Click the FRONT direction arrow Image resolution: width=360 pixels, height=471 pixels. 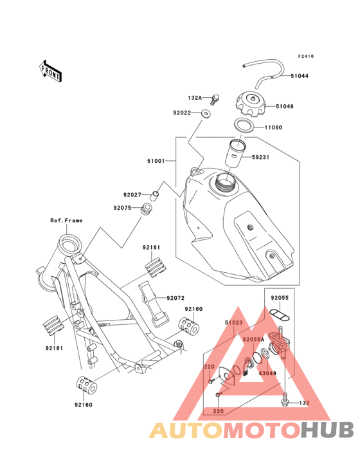[x=50, y=71]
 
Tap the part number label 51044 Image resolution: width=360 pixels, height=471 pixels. [x=300, y=76]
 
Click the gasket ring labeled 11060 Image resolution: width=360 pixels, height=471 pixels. [x=244, y=124]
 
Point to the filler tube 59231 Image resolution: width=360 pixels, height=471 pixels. [x=237, y=153]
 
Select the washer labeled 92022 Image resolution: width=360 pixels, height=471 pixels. [x=206, y=113]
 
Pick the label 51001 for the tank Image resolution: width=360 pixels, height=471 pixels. [x=156, y=161]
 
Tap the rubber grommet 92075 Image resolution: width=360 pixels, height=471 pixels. [x=147, y=209]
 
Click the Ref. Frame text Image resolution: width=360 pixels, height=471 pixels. [x=66, y=221]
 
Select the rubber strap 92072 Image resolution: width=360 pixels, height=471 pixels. [x=152, y=304]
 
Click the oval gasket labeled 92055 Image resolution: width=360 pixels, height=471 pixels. [x=280, y=313]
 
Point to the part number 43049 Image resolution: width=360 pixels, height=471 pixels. [x=267, y=373]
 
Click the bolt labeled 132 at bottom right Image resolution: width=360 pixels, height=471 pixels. [x=284, y=400]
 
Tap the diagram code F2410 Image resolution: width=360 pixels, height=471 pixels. [x=306, y=57]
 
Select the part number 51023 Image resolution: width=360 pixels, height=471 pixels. [x=234, y=323]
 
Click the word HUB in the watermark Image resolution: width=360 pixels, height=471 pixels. [x=327, y=430]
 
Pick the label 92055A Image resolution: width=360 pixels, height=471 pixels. [x=253, y=340]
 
